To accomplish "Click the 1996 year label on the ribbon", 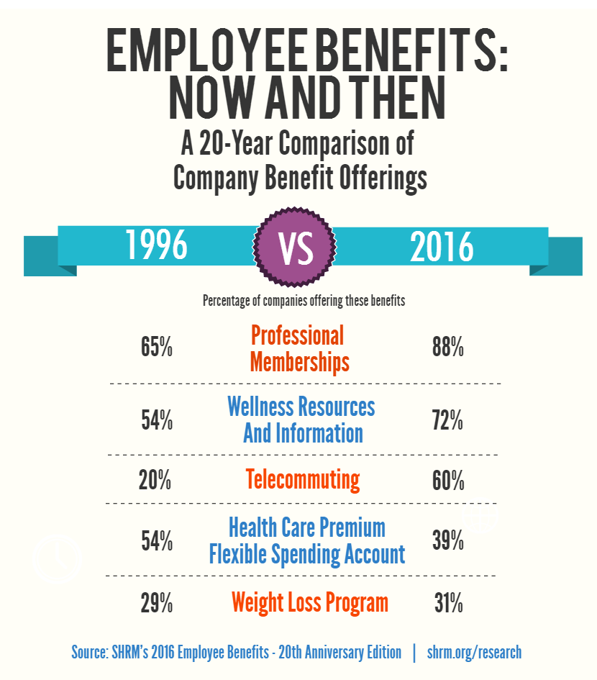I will tap(157, 246).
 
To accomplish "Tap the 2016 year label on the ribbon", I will tap(442, 246).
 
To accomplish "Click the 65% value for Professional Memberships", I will tap(156, 348).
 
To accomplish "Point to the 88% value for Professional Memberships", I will tap(447, 348).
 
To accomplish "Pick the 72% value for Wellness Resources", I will tap(447, 421).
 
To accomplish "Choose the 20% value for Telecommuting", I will tap(155, 480).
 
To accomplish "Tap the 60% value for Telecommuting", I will tap(447, 480).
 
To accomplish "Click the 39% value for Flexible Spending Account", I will tap(447, 540).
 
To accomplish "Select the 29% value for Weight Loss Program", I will tap(156, 603).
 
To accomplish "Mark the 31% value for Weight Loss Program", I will tap(447, 603).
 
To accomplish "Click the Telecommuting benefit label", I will tap(302, 480).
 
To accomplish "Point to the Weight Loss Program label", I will tap(309, 602).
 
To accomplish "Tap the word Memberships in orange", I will tap(299, 361).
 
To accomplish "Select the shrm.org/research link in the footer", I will tap(474, 653).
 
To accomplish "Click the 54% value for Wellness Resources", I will tap(156, 421).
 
